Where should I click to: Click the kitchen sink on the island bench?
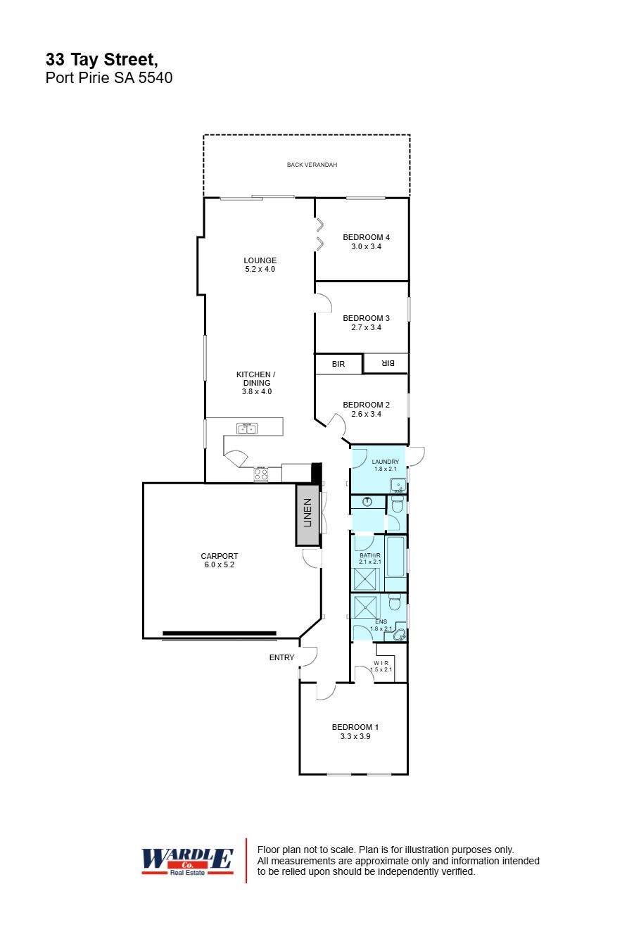click(247, 429)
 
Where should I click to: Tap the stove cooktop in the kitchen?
click(261, 475)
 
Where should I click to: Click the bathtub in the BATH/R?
click(395, 562)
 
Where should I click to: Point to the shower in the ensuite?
click(366, 606)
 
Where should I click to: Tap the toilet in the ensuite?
click(395, 602)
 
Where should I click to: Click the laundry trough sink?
click(398, 485)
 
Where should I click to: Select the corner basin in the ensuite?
click(399, 635)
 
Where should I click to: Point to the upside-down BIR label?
click(386, 363)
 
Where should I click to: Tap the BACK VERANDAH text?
click(312, 165)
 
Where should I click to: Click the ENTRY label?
click(281, 657)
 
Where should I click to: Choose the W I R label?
click(381, 662)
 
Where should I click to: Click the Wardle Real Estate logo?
click(187, 860)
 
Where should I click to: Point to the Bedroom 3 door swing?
click(324, 303)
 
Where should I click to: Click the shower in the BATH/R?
click(366, 579)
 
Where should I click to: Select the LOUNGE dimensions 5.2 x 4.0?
click(260, 269)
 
